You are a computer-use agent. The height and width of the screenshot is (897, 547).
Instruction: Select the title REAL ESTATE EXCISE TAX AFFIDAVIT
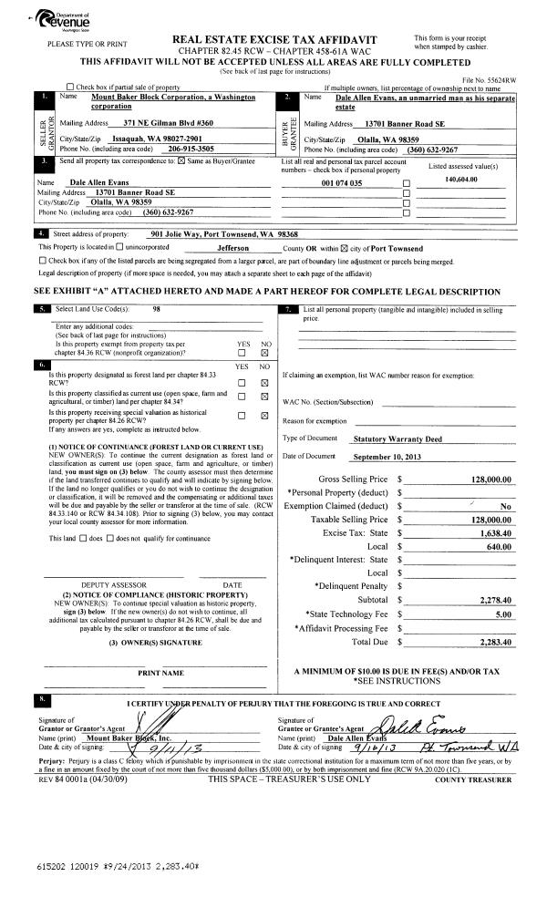coord(273,39)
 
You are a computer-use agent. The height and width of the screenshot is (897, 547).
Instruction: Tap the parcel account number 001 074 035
coord(343,182)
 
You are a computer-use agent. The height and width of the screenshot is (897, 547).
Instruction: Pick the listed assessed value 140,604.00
coord(461,180)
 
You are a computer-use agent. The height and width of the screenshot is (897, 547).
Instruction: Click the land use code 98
coord(158,309)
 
